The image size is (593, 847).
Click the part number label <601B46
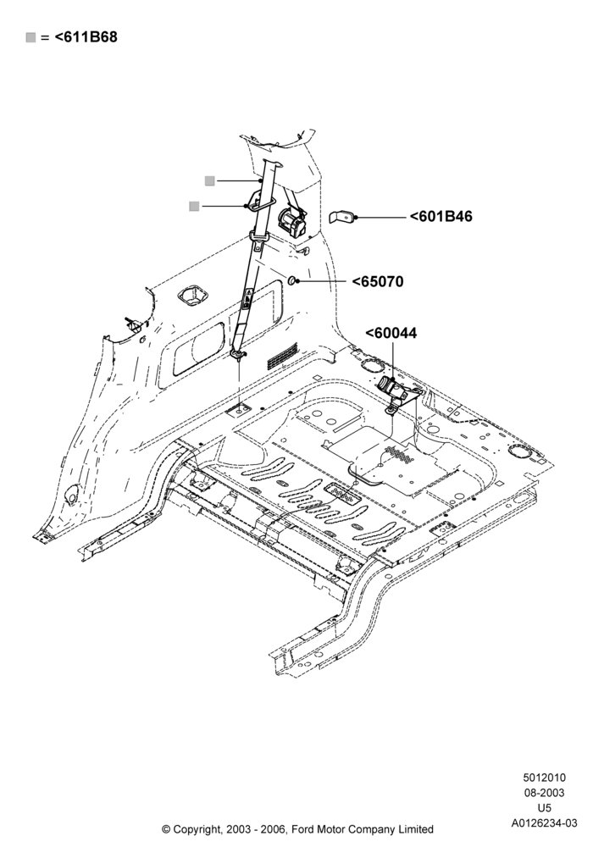(x=441, y=217)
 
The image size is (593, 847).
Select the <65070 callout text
(x=378, y=282)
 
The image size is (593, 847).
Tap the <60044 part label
(x=391, y=333)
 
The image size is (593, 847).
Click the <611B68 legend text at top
(x=86, y=37)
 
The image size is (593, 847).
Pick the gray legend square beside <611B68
(x=30, y=37)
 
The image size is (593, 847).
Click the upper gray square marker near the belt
(x=209, y=181)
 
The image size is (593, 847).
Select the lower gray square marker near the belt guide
(x=195, y=206)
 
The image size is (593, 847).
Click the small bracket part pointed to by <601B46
(x=341, y=218)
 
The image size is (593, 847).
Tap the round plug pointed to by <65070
(x=291, y=280)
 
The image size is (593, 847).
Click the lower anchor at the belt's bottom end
(x=238, y=354)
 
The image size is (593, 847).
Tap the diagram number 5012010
(x=545, y=778)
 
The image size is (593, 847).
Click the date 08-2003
(x=545, y=793)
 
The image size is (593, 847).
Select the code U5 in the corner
(x=545, y=808)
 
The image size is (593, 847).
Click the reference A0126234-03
(x=545, y=823)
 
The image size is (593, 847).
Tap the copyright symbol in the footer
(x=166, y=828)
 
